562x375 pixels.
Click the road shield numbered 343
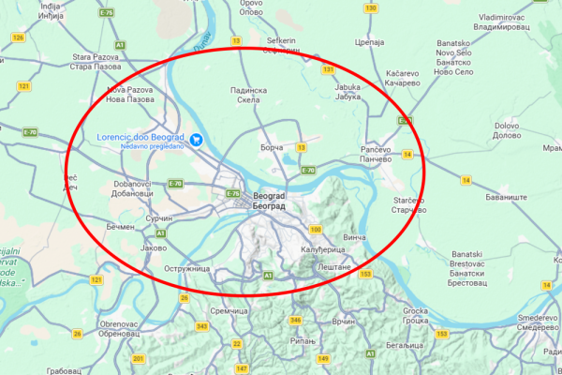click(x=202, y=326)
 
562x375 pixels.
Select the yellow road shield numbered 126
click(x=18, y=37)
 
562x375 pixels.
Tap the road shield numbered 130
click(x=371, y=8)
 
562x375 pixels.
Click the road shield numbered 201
click(x=139, y=359)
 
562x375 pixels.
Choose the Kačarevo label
click(x=402, y=78)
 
